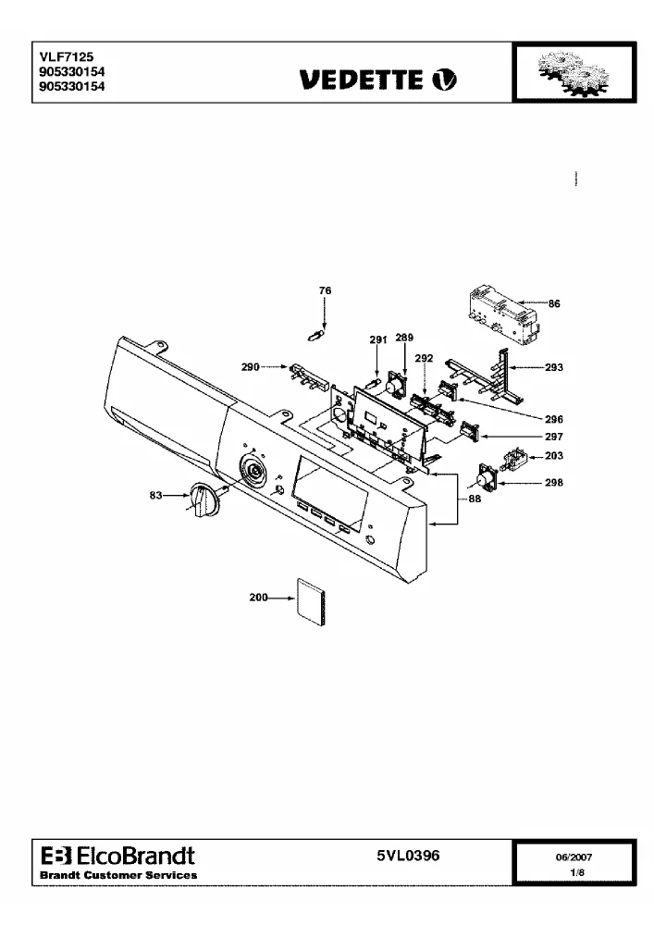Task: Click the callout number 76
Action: (x=325, y=290)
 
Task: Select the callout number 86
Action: (x=554, y=303)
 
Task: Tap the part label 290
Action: (x=250, y=367)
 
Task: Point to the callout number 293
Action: (x=554, y=367)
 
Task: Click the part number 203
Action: (x=554, y=455)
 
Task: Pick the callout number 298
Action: (x=554, y=483)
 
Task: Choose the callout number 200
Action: (x=258, y=598)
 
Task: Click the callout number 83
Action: (x=155, y=495)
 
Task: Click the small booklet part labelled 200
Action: (x=311, y=602)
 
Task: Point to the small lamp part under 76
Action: (x=316, y=337)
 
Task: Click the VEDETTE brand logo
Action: (x=378, y=80)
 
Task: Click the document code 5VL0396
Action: (x=408, y=856)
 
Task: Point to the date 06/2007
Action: (x=574, y=857)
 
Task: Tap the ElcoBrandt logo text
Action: (x=118, y=856)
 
